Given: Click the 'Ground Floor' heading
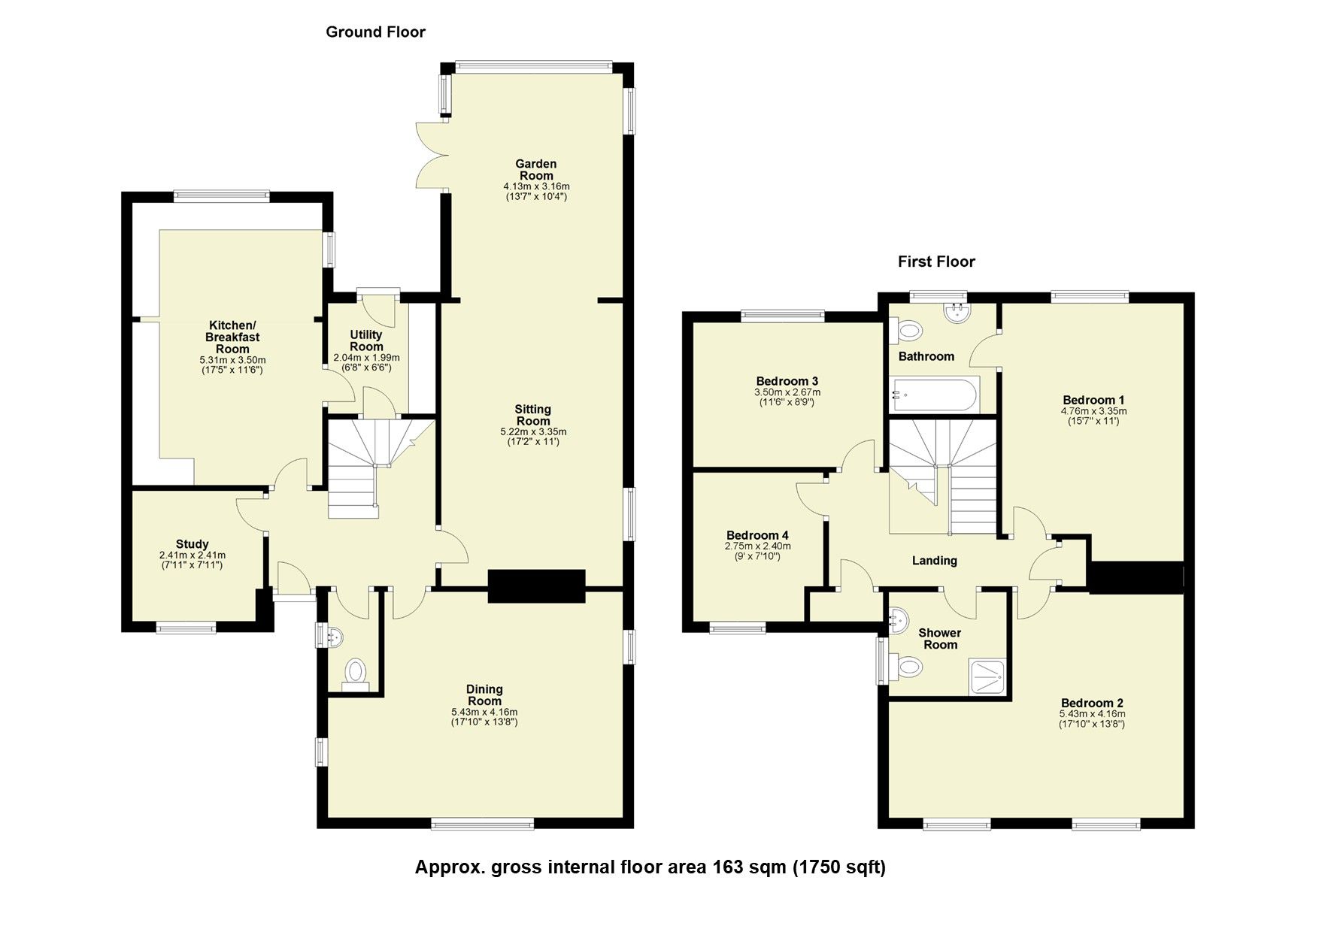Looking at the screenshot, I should coord(375,32).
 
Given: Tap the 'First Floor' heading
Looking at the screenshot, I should coord(935,262).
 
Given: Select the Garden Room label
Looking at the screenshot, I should coord(535,169).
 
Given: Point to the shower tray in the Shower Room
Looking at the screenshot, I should coord(988,676).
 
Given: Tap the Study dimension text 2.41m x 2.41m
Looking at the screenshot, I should coord(192,555).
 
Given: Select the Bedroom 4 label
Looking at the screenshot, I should coord(757,535).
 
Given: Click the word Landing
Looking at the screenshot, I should coord(934,560).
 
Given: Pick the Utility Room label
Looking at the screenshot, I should coord(366,340).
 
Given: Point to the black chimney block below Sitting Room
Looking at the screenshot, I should coord(536,586).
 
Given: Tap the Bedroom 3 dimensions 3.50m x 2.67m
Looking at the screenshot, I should coord(787,392).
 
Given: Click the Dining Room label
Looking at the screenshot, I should coord(484,694).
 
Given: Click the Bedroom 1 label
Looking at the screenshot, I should coord(1093,400).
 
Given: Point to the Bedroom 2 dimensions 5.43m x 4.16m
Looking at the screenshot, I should coord(1092,714).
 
